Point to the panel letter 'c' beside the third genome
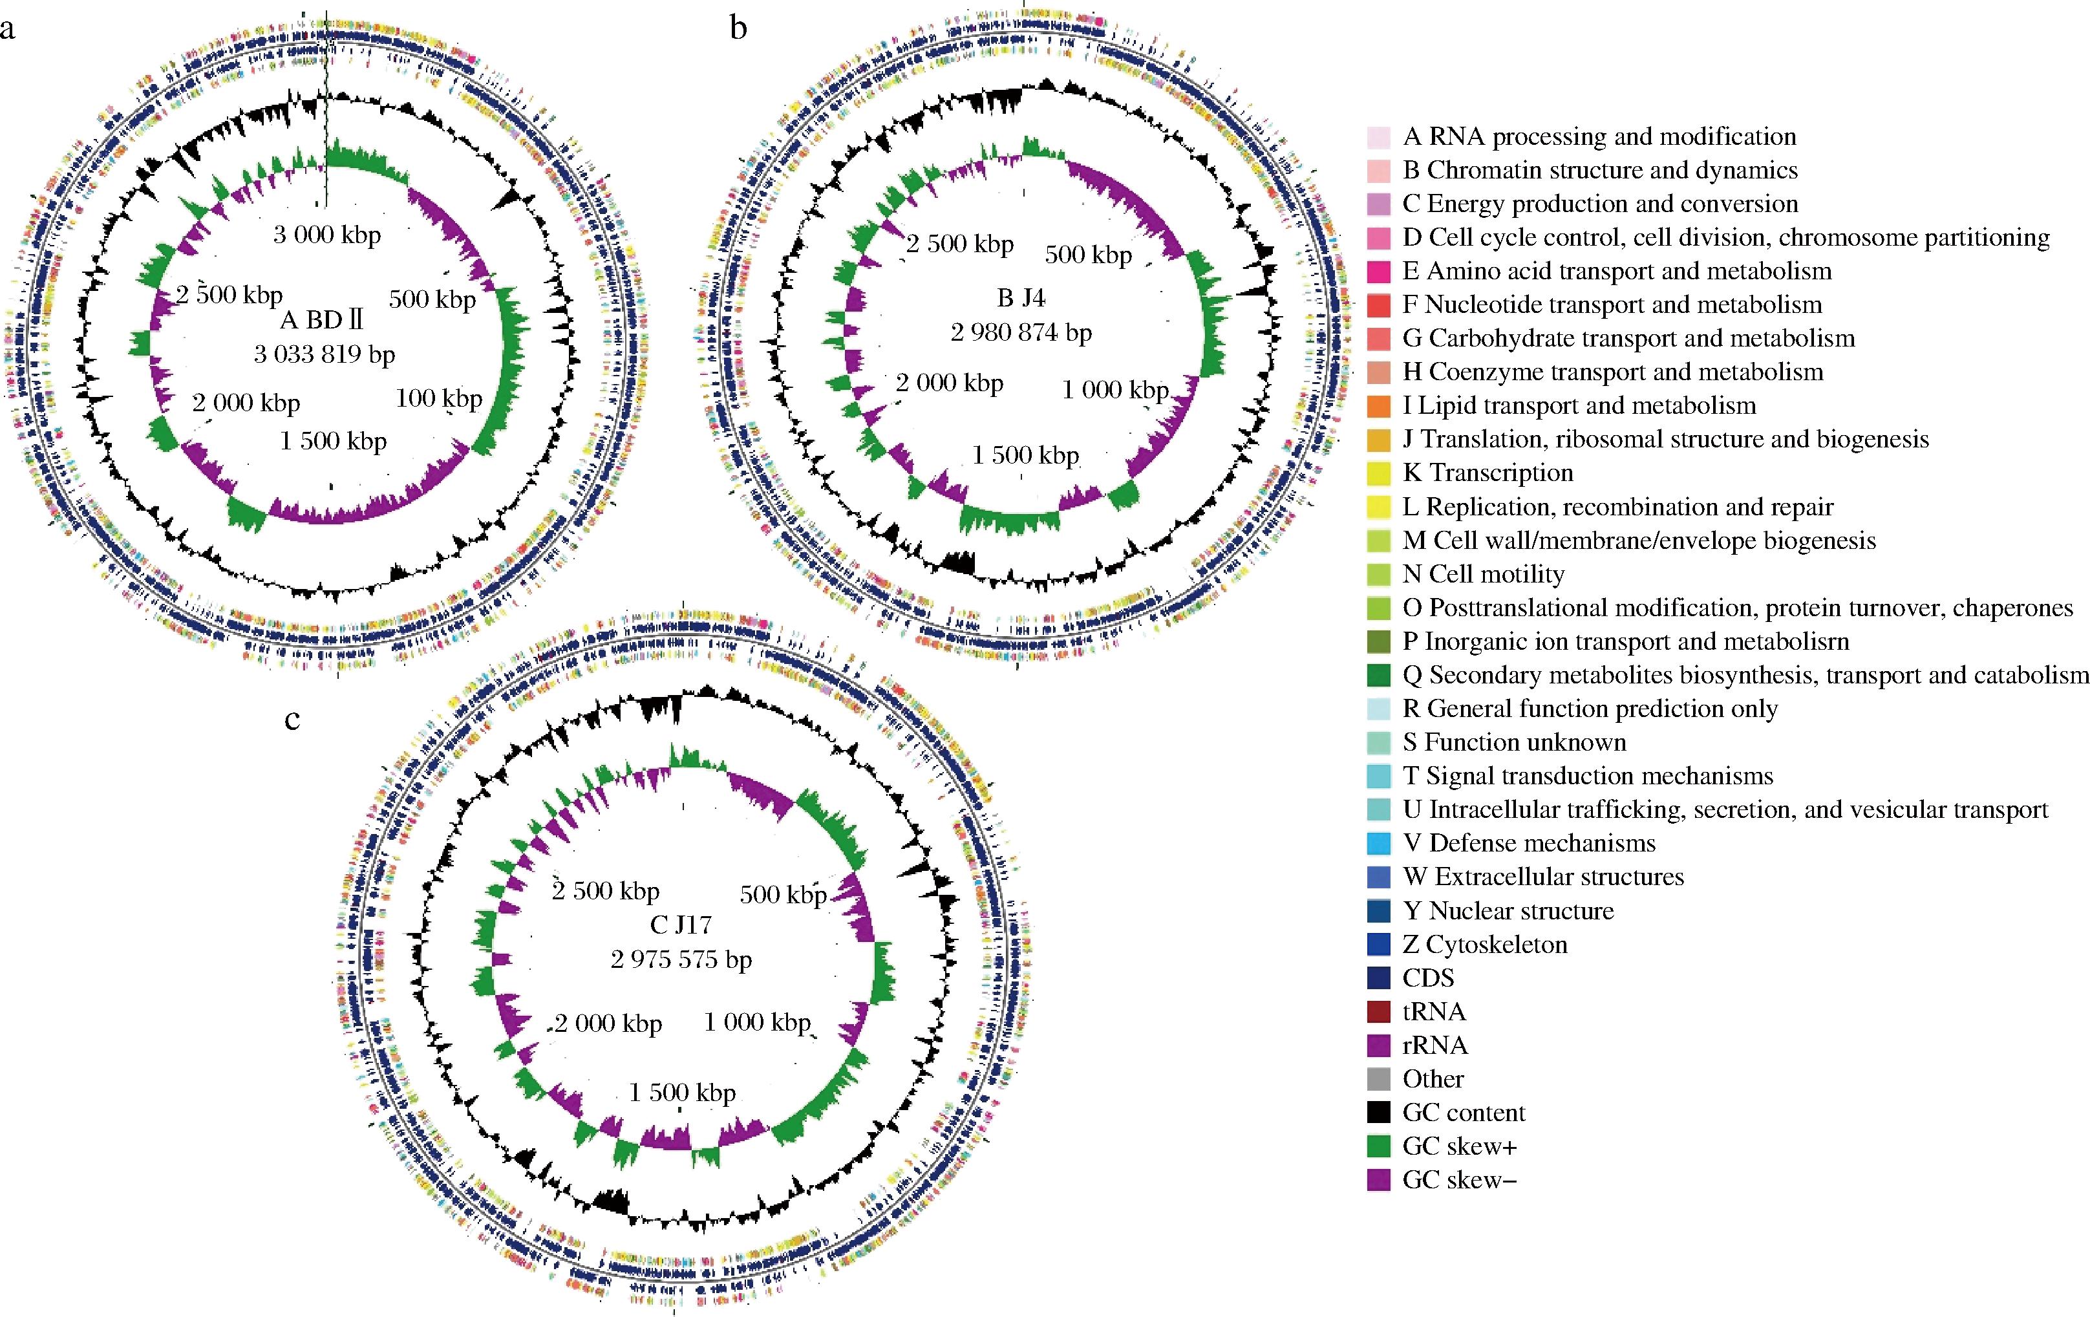coord(292,720)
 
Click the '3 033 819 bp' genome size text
coord(325,354)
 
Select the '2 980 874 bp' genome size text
coord(1021,332)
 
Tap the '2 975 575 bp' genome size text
coord(681,959)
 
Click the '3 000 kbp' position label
coord(327,235)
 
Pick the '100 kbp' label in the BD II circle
coord(439,398)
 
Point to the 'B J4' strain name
coord(1021,298)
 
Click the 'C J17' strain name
coord(681,925)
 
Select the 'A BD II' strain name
coord(321,320)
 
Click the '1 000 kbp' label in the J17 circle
coord(757,1023)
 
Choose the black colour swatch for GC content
coord(1378,1113)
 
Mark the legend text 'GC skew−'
coord(1460,1180)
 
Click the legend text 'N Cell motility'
coord(1484,574)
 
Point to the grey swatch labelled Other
coord(1378,1079)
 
